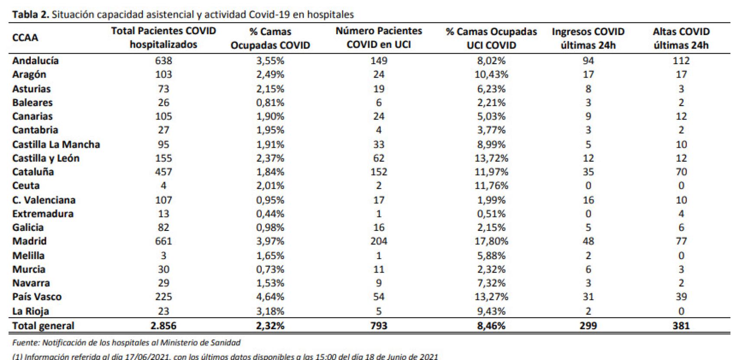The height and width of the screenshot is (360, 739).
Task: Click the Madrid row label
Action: pyautogui.click(x=29, y=241)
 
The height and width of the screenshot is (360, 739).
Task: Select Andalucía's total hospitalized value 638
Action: pyautogui.click(x=163, y=61)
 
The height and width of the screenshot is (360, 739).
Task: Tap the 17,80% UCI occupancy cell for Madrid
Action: pyautogui.click(x=491, y=241)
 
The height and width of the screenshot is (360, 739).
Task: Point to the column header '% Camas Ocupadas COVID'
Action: pyautogui.click(x=270, y=38)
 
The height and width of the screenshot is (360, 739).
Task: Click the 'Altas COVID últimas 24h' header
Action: pyautogui.click(x=681, y=38)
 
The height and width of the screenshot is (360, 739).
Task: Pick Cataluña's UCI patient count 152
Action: pyautogui.click(x=379, y=172)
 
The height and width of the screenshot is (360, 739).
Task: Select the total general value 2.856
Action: pyautogui.click(x=163, y=326)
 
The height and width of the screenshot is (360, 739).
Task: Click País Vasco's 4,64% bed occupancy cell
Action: pyautogui.click(x=270, y=297)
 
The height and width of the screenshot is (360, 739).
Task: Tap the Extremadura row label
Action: pyautogui.click(x=43, y=214)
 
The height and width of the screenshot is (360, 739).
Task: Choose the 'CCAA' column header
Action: pyautogui.click(x=25, y=38)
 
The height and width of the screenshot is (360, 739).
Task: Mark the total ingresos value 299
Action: pyautogui.click(x=588, y=326)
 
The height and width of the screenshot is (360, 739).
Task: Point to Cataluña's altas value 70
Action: pyautogui.click(x=681, y=172)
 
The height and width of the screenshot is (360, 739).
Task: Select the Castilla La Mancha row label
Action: pyautogui.click(x=56, y=144)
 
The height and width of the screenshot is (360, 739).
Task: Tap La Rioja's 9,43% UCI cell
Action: pyautogui.click(x=491, y=311)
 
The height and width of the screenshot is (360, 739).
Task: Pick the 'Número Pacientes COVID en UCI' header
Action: pyautogui.click(x=379, y=38)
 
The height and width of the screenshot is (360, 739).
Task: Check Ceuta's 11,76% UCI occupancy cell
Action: pyautogui.click(x=491, y=186)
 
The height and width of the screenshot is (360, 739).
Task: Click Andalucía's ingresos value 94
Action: pyautogui.click(x=588, y=61)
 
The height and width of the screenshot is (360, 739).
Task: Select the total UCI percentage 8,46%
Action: pyautogui.click(x=491, y=326)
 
